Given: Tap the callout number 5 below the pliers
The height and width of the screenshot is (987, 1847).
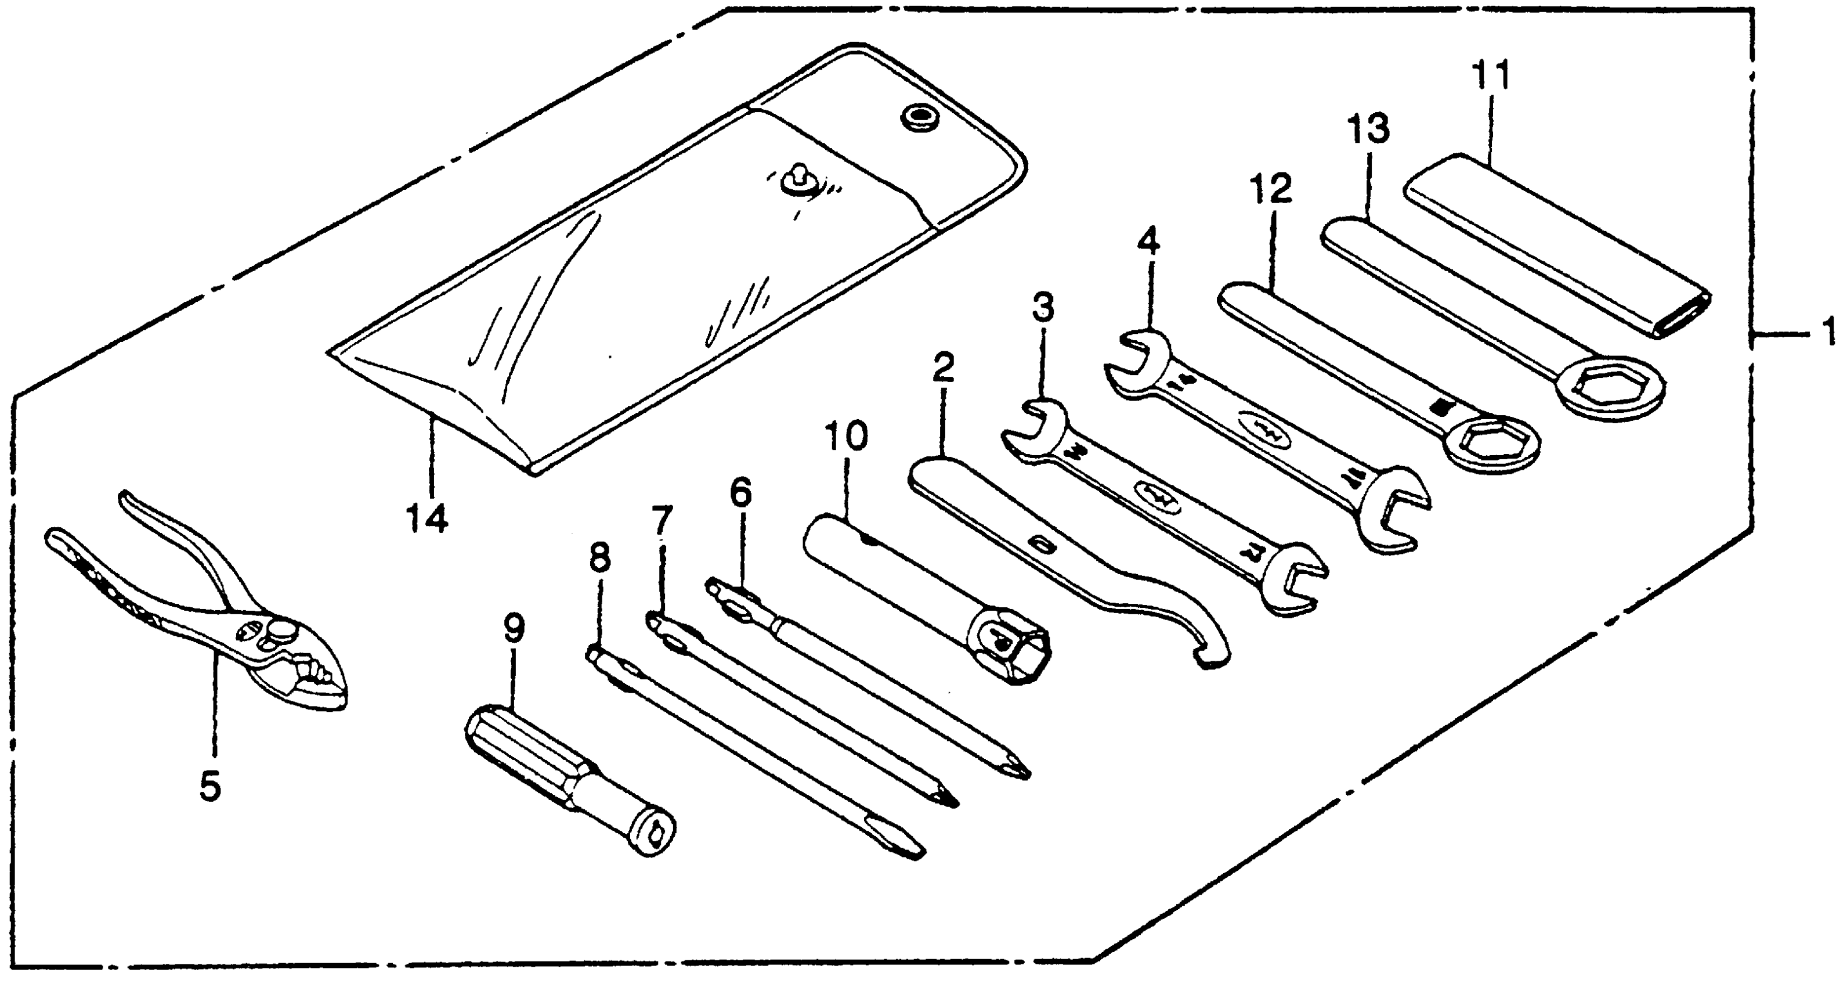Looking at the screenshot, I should [210, 787].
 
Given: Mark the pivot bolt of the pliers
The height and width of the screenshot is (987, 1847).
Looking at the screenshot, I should [281, 632].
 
